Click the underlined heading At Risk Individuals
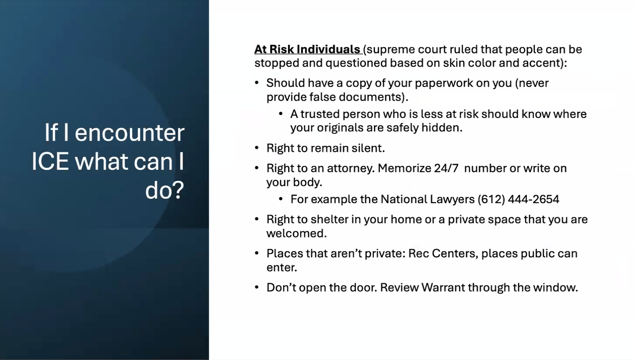click(x=307, y=50)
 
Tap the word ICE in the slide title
click(x=50, y=161)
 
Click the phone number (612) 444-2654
click(x=518, y=199)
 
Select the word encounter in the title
click(x=129, y=133)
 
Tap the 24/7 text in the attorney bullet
click(x=446, y=168)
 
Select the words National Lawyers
click(x=428, y=199)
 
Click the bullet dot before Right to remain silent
click(x=257, y=148)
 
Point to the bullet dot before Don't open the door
click(x=257, y=287)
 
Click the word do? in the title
click(x=165, y=190)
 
